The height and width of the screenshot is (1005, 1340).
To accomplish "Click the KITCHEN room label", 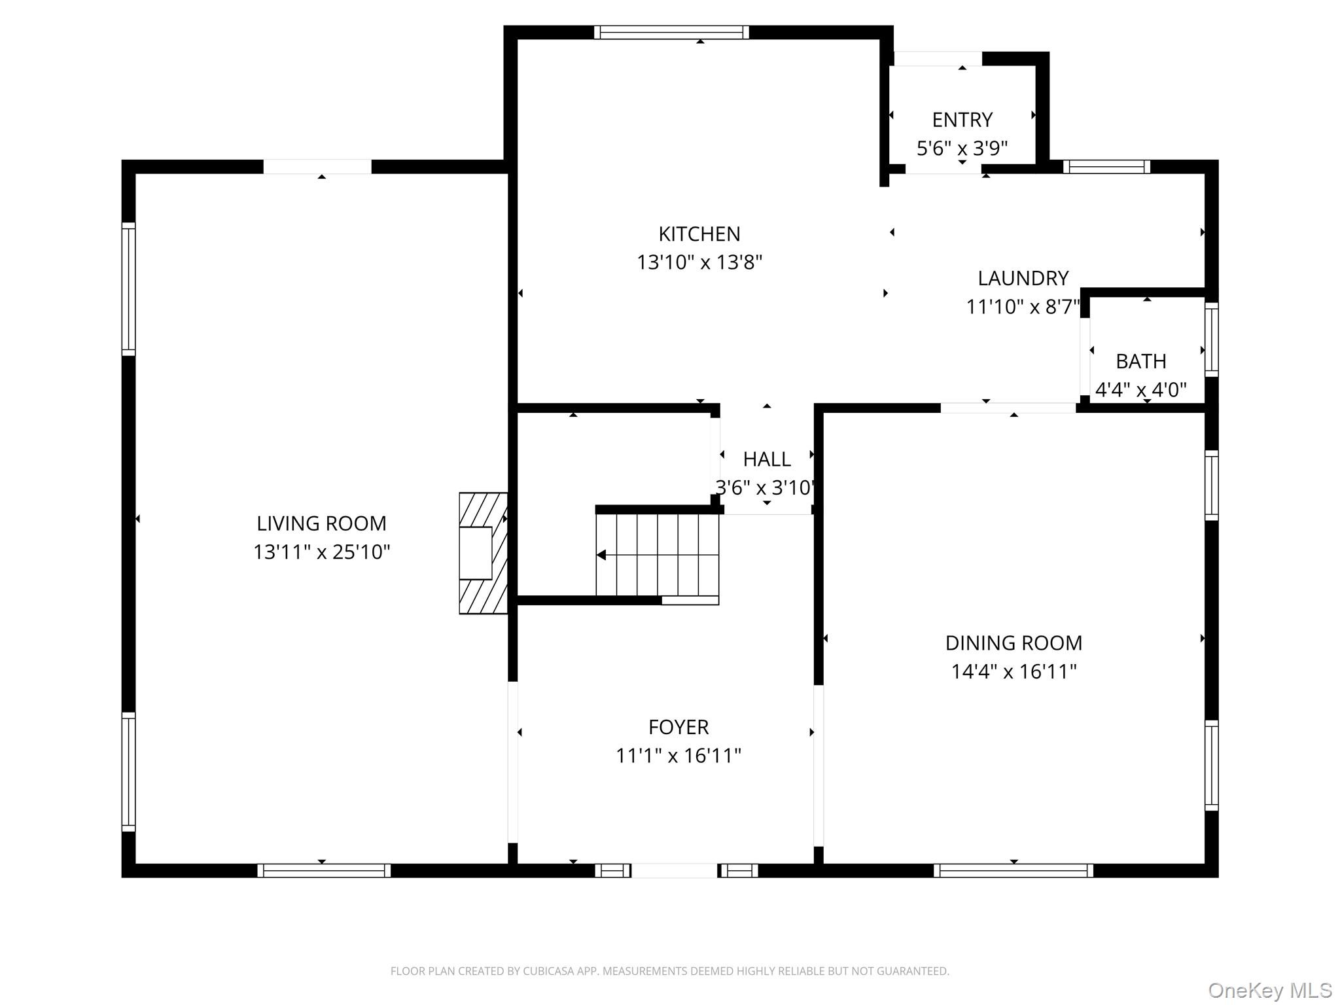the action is [x=699, y=234].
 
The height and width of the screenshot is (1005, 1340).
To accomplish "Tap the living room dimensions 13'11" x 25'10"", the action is [x=322, y=552].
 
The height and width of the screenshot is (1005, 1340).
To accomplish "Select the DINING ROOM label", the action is [x=1014, y=643].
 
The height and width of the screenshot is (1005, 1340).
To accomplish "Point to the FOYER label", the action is [x=679, y=727].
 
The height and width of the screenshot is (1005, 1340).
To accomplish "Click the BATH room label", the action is [x=1141, y=361].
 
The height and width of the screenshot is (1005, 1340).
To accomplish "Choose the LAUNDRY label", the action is [x=1023, y=278].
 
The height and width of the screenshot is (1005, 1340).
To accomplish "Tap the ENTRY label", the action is [x=962, y=120].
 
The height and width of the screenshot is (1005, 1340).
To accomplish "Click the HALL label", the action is [x=767, y=459].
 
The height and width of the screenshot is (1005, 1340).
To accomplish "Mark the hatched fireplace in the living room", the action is [x=484, y=553].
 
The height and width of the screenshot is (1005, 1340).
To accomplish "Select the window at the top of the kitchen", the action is [x=671, y=32].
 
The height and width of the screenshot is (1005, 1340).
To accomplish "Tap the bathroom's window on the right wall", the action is [x=1212, y=340].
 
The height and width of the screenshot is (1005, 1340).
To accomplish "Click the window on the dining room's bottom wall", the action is [x=1013, y=870].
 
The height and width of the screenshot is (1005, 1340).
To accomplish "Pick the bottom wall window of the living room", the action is [x=324, y=870].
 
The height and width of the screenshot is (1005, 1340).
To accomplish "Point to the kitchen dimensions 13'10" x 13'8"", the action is [x=699, y=262].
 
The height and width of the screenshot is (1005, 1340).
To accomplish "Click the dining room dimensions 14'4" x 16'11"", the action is [x=1014, y=671].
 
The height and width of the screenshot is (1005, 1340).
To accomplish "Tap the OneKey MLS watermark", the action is [x=1270, y=991].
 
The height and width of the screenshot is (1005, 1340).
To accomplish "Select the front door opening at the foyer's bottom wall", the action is [x=675, y=870].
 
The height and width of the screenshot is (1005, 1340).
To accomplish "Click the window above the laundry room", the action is [x=1106, y=167].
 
